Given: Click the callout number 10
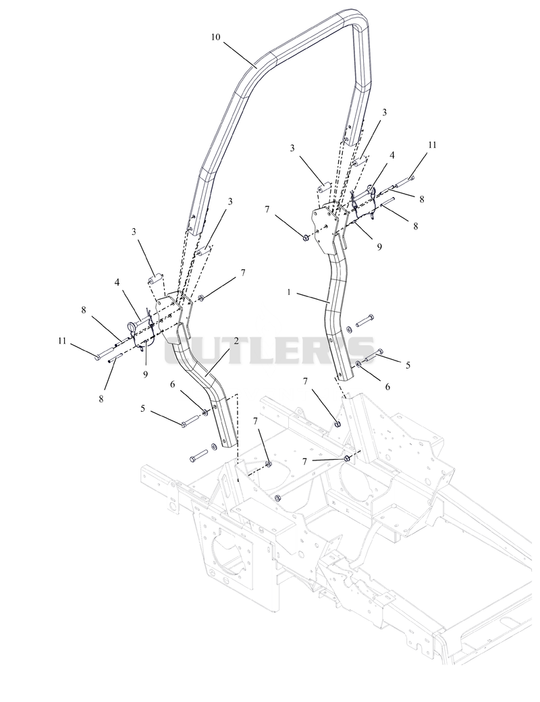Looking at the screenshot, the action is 215,36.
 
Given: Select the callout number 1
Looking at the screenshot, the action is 290,292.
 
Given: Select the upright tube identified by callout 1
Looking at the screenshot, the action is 336,313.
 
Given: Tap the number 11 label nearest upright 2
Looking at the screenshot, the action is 62,341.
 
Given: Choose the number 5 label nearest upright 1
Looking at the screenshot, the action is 408,365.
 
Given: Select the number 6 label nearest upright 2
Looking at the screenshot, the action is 172,384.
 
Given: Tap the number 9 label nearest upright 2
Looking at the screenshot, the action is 145,375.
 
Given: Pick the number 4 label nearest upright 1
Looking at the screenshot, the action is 392,155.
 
